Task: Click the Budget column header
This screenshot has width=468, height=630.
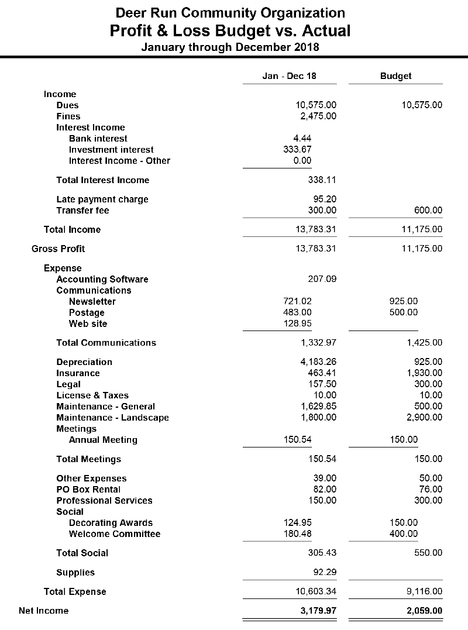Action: (395, 76)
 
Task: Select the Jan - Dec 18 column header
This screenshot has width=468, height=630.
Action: (289, 76)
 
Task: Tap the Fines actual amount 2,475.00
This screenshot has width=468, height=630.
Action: (316, 116)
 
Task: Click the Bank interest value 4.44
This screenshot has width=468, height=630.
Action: (302, 139)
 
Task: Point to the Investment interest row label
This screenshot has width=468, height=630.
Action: (111, 150)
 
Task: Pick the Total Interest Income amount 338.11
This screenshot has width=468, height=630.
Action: (322, 180)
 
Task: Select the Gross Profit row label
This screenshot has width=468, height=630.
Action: (58, 249)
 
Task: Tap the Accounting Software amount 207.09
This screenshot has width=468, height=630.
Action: (322, 280)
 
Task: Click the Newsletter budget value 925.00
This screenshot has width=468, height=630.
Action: (404, 302)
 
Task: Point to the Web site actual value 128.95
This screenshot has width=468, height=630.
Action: (297, 324)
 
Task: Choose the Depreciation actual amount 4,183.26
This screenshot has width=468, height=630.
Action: (318, 362)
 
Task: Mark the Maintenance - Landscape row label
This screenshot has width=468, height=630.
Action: (112, 418)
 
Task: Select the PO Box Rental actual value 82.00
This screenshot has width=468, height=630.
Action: (325, 490)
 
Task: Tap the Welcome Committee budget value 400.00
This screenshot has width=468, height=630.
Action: (404, 534)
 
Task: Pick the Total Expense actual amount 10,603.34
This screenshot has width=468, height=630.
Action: (316, 592)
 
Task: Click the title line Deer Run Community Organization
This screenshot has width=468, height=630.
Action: (230, 12)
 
